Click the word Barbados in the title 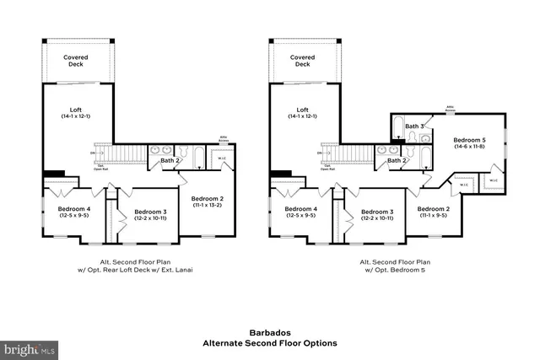point(269,332)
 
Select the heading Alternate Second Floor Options point(269,343)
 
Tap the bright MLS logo point(30,347)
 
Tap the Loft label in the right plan point(302,109)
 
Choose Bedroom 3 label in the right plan point(377,211)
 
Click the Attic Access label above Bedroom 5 point(451,107)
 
